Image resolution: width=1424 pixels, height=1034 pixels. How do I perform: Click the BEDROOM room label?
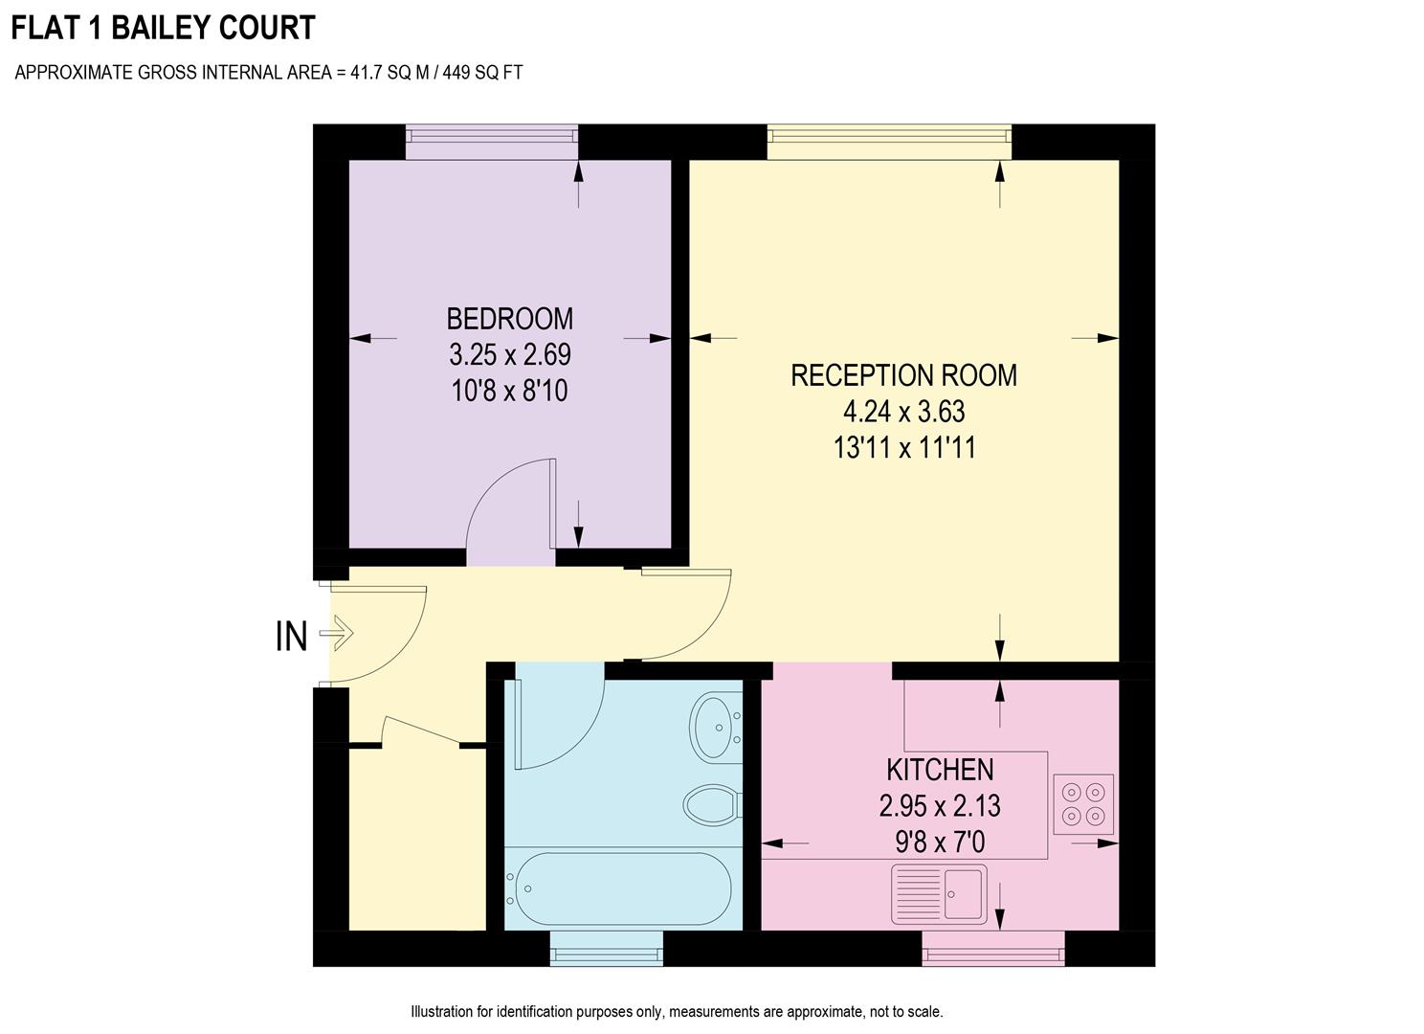point(509,318)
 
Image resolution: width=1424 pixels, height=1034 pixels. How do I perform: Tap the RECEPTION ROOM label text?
point(903,375)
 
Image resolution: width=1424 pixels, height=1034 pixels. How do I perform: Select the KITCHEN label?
point(940,770)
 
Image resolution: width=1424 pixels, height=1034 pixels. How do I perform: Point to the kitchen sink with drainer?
point(939,894)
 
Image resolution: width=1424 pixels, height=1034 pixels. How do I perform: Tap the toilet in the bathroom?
point(712,803)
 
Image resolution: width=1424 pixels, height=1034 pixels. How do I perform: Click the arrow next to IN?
point(337,634)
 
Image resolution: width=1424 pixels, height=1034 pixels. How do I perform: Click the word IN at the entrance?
point(291,637)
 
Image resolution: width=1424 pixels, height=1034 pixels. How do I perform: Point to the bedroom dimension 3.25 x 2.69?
point(509,355)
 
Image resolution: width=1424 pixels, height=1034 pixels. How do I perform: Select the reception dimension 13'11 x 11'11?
point(903,448)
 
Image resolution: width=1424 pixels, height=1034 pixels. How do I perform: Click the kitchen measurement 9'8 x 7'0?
point(940,843)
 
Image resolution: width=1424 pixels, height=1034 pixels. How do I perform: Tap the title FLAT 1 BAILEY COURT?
point(163,28)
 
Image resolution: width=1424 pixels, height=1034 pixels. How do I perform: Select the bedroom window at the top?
point(491,141)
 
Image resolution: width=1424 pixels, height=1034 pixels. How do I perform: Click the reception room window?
point(889,142)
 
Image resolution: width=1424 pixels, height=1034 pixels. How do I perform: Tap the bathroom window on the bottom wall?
point(606,949)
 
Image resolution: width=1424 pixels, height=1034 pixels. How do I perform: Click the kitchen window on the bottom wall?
point(992,949)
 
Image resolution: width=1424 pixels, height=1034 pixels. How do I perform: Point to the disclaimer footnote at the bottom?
point(677,1012)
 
